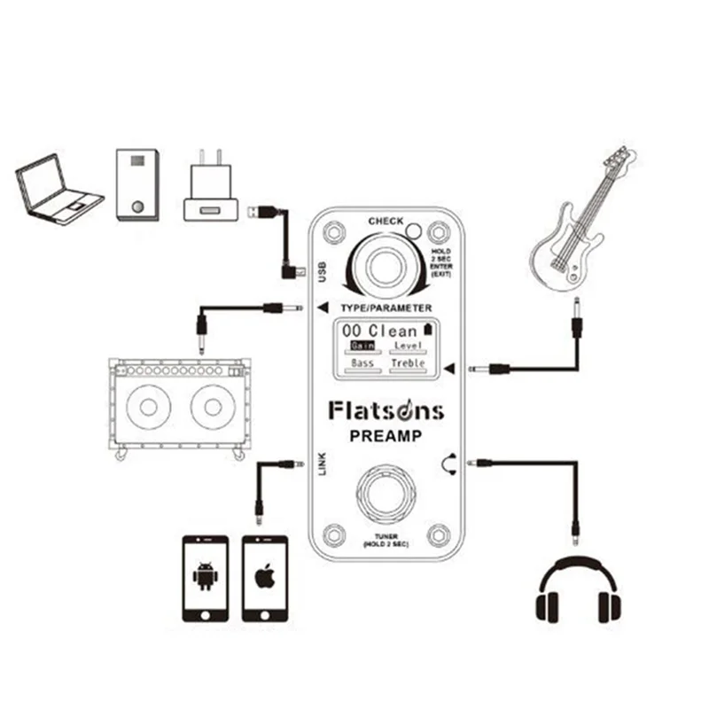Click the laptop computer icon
[x=58, y=190]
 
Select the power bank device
[x=137, y=185]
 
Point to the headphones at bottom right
[x=578, y=588]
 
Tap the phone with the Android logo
[x=206, y=579]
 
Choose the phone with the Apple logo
[x=265, y=579]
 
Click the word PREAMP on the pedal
[x=386, y=436]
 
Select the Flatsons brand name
[x=386, y=410]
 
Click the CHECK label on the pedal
[x=386, y=221]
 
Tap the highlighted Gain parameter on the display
[x=362, y=346]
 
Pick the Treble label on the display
[x=408, y=363]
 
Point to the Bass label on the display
[x=362, y=363]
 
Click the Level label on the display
[x=408, y=346]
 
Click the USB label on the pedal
[x=322, y=272]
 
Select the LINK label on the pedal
[x=322, y=464]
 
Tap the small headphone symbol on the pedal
[x=449, y=464]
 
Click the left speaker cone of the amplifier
[x=148, y=407]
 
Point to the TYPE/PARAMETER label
[x=386, y=308]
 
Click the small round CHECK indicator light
[x=413, y=231]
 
